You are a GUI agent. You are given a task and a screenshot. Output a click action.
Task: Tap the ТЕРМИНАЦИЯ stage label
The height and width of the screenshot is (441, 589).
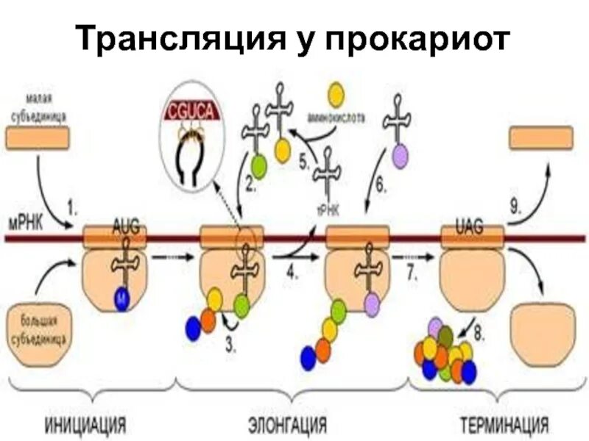(504, 425)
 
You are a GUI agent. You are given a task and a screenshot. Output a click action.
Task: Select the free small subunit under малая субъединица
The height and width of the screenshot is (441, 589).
(38, 137)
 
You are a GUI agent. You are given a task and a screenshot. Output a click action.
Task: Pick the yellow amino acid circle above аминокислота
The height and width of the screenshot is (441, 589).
(336, 93)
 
